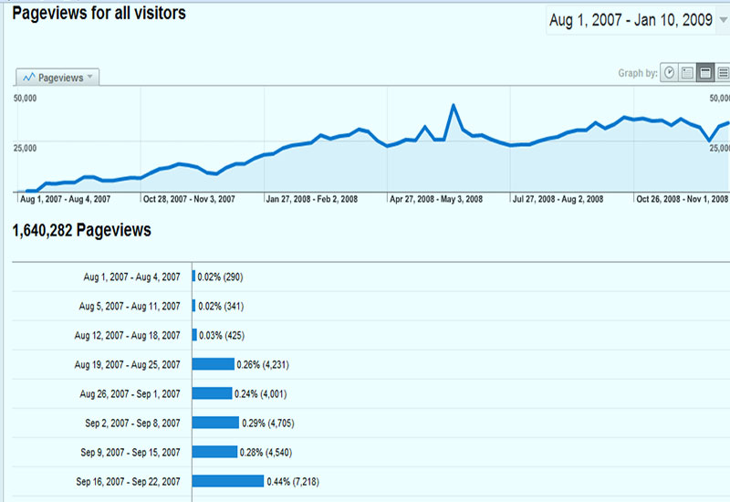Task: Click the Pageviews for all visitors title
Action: click(99, 14)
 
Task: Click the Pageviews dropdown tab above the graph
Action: click(57, 78)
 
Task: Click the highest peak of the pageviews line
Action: click(453, 106)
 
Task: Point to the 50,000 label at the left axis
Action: click(25, 97)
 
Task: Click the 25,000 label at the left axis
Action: click(25, 146)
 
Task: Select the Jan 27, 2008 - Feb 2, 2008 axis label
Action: click(311, 198)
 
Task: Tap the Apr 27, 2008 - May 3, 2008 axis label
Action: click(435, 198)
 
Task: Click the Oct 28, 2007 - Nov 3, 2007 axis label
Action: click(189, 198)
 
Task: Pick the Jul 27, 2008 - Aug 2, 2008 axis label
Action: click(557, 198)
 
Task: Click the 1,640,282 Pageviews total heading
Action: click(82, 231)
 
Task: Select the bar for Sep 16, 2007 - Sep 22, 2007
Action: click(228, 481)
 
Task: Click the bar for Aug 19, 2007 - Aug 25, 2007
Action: click(214, 364)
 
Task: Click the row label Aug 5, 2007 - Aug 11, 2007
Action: click(130, 306)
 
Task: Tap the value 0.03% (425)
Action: click(222, 335)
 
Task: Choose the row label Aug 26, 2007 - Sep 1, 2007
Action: click(130, 393)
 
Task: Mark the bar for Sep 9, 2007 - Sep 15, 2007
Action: click(215, 452)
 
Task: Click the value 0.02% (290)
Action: click(221, 277)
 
